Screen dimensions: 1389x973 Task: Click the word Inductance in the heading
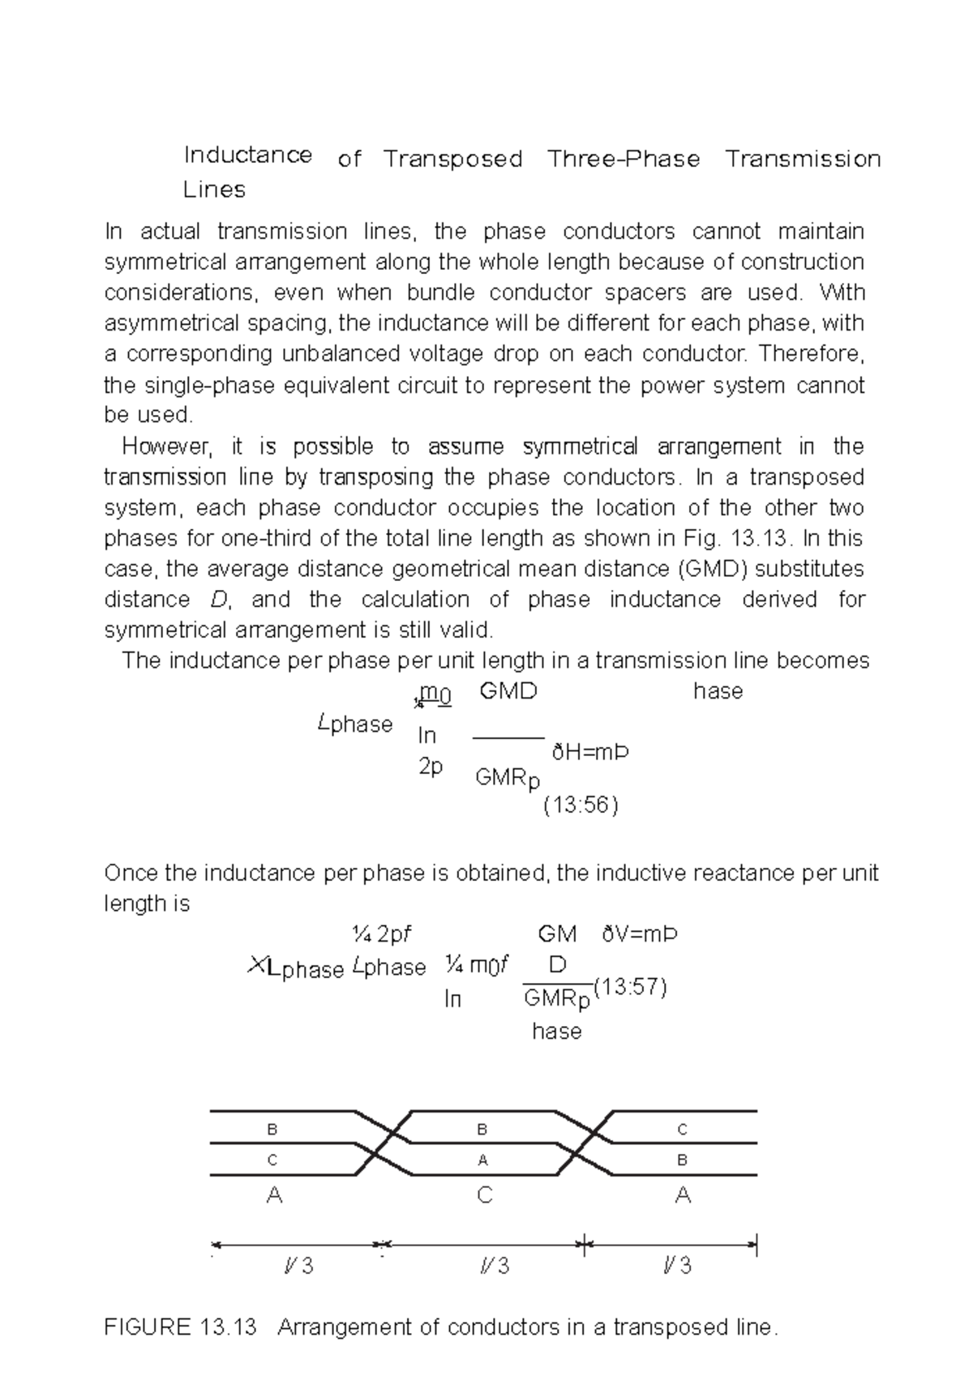pyautogui.click(x=247, y=155)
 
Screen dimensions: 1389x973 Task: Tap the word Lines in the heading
pyautogui.click(x=214, y=190)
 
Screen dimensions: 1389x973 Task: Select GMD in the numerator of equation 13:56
pyautogui.click(x=508, y=691)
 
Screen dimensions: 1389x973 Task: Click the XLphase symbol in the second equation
pyautogui.click(x=295, y=968)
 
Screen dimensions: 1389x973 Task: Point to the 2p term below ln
pyautogui.click(x=431, y=767)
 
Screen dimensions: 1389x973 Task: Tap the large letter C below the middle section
pyautogui.click(x=484, y=1195)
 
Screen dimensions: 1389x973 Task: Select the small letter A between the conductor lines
pyautogui.click(x=483, y=1160)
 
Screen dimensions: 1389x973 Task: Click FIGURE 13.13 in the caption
pyautogui.click(x=180, y=1327)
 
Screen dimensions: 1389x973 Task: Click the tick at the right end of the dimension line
pyautogui.click(x=755, y=1245)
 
